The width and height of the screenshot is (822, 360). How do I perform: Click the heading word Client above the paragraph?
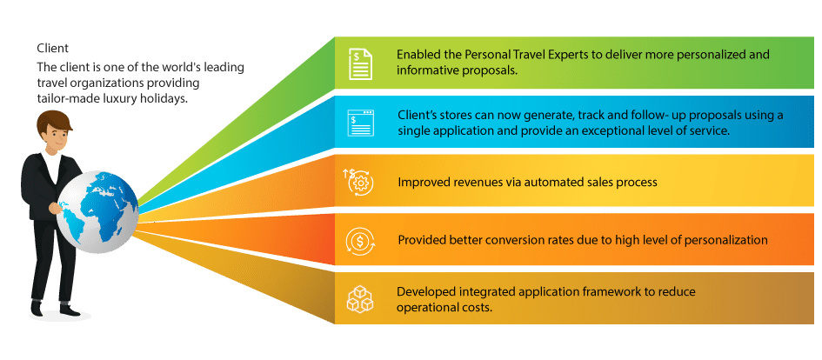(52, 48)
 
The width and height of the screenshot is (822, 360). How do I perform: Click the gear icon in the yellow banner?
(360, 182)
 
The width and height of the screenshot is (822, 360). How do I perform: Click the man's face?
(57, 137)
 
